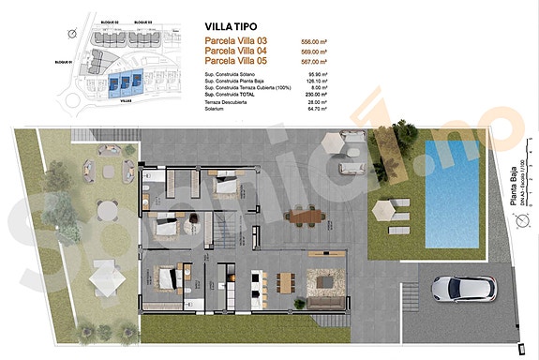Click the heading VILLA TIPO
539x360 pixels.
click(x=232, y=27)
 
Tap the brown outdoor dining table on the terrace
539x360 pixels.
click(x=306, y=217)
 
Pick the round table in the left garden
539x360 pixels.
click(x=112, y=172)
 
